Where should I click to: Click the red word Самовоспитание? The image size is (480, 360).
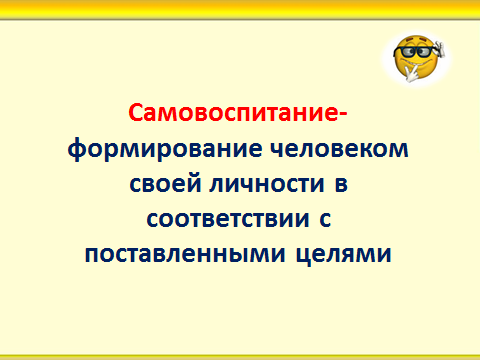click(x=233, y=113)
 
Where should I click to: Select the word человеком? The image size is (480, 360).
click(x=339, y=149)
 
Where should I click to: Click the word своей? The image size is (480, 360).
click(x=165, y=183)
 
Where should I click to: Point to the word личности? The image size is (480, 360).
click(x=267, y=184)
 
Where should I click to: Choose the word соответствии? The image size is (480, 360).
click(x=228, y=220)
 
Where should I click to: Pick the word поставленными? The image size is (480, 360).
click(x=185, y=255)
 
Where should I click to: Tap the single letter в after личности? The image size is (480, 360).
click(x=341, y=184)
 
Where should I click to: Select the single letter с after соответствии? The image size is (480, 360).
click(x=325, y=220)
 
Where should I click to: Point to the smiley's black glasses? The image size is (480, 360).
click(x=415, y=52)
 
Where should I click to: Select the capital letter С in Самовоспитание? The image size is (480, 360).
click(x=136, y=113)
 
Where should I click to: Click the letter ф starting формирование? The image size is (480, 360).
click(x=77, y=150)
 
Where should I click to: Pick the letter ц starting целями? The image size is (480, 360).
click(x=304, y=256)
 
